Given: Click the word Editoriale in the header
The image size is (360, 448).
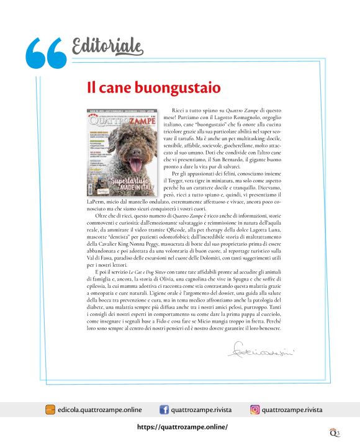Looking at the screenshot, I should [x=107, y=46].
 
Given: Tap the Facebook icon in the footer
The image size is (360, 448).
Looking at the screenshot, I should [x=164, y=410].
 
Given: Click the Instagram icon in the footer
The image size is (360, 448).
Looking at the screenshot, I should [x=254, y=410].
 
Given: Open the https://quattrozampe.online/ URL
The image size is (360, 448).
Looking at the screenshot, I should [x=182, y=427].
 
